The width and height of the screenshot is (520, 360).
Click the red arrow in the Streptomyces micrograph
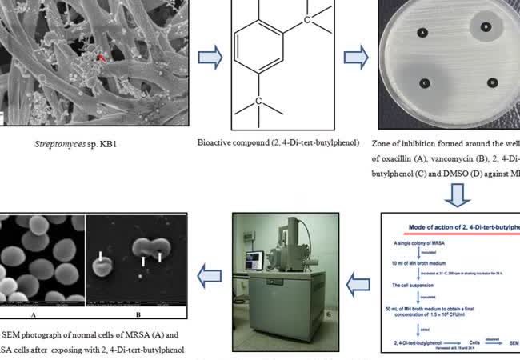(101, 58)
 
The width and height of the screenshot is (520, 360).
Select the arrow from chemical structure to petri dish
(356, 57)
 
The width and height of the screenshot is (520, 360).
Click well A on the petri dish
(421, 33)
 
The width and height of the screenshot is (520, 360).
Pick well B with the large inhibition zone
(486, 26)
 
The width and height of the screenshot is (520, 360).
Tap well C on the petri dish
(424, 83)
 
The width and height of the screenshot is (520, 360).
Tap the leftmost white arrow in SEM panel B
(101, 258)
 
